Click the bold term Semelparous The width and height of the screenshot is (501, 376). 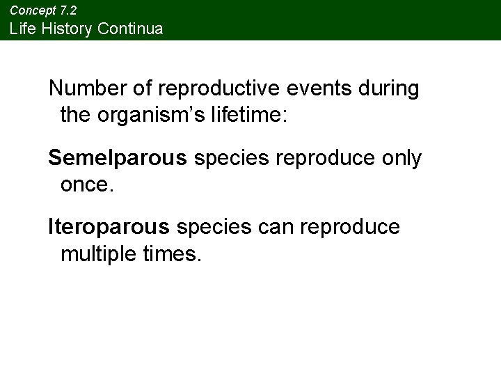coord(118,159)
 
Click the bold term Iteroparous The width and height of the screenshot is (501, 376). coord(109,228)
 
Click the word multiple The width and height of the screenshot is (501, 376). coord(102,253)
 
